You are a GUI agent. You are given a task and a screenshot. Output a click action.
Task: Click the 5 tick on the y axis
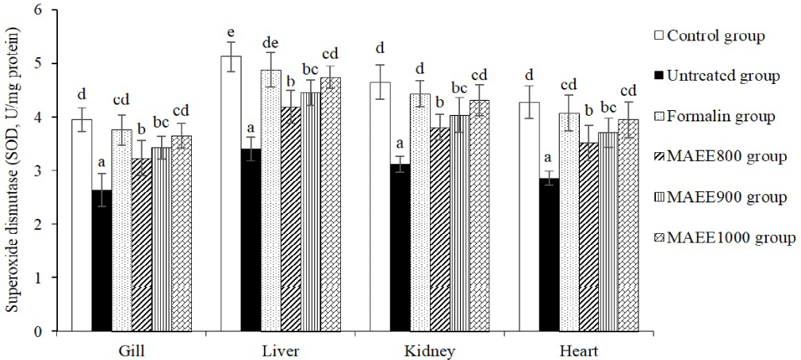pos(38,63)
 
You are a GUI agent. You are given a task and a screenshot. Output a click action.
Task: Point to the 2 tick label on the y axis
pos(38,224)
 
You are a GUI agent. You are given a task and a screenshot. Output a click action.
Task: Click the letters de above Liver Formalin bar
pos(270,44)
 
